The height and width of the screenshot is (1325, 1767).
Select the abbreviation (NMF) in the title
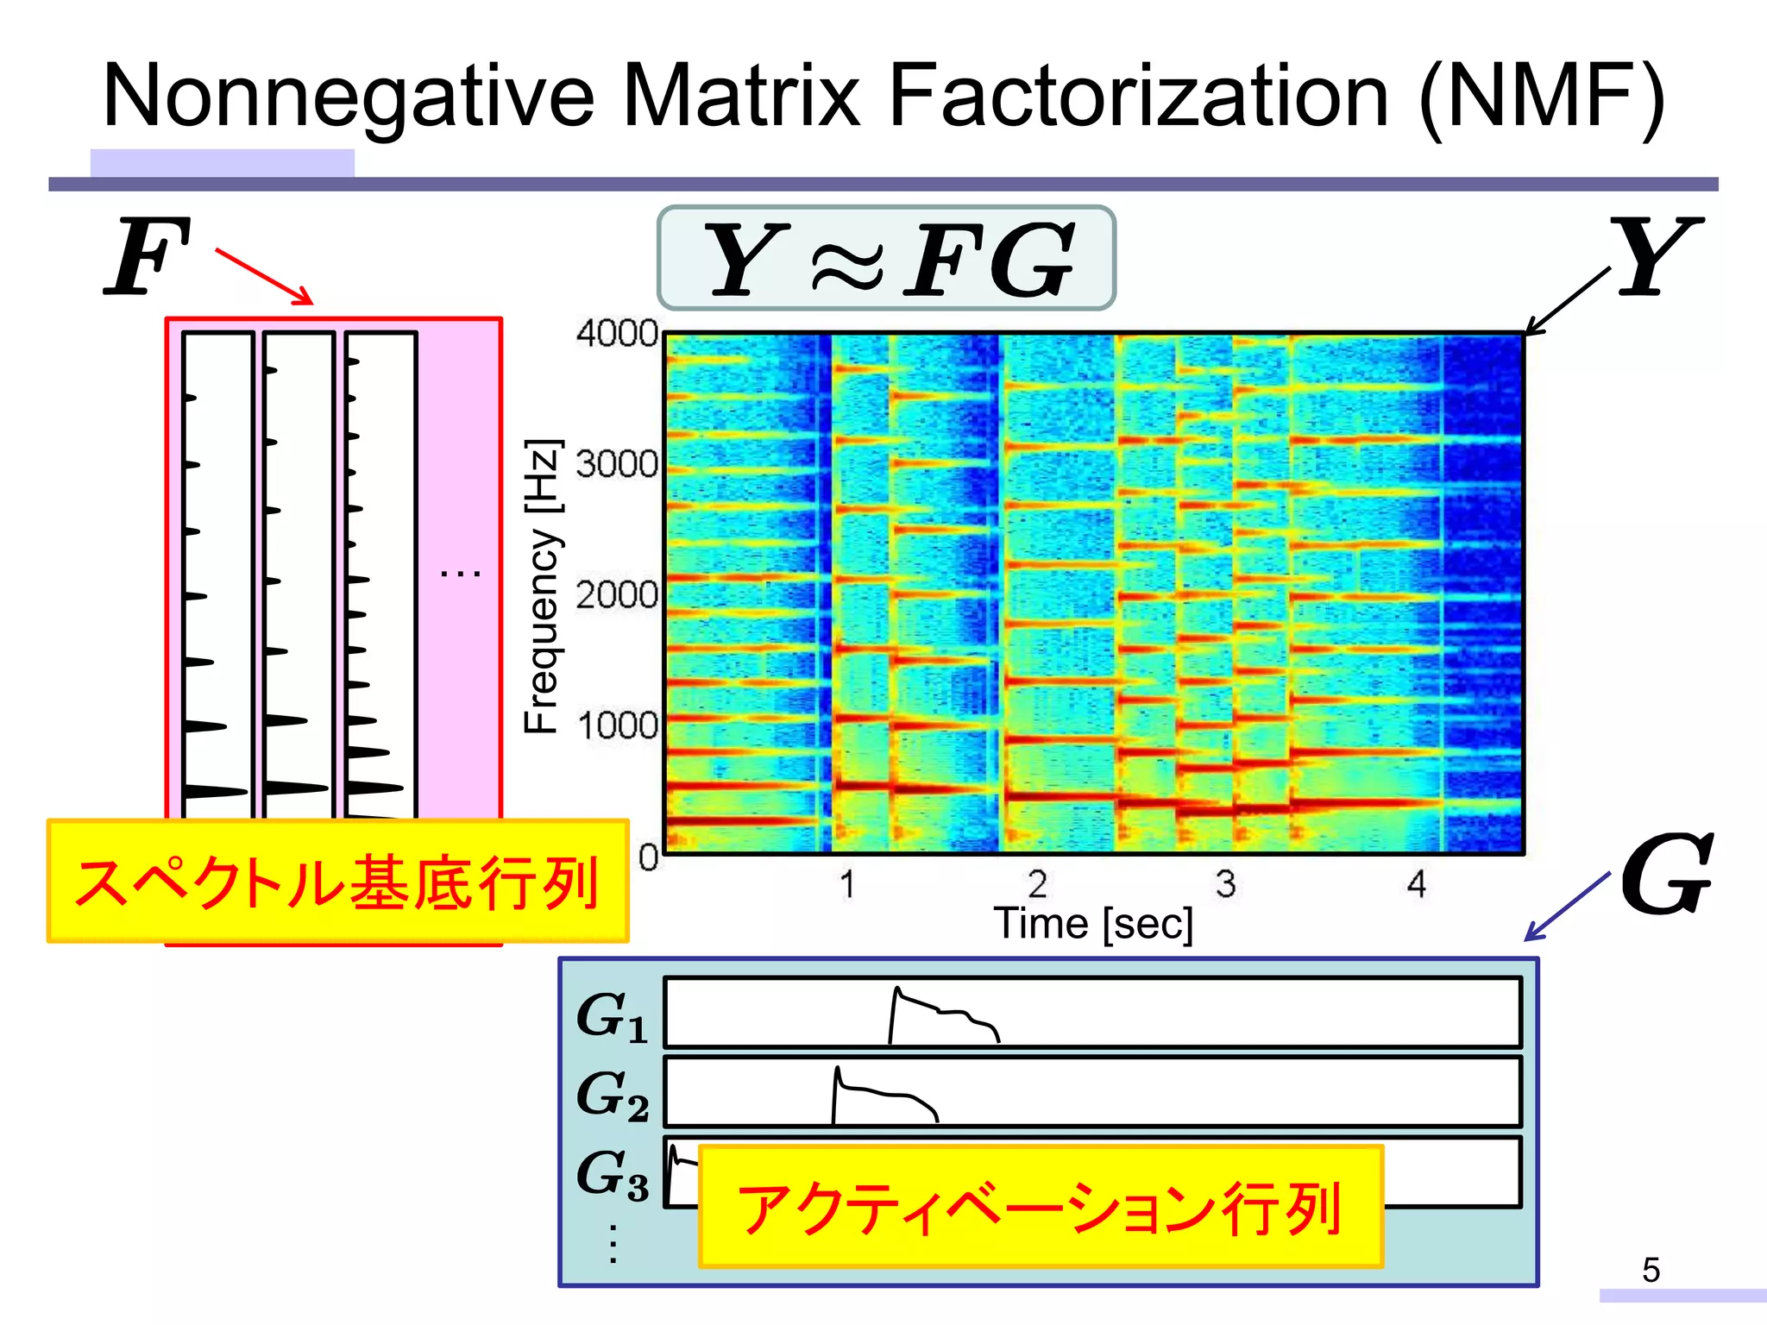[x=1541, y=98]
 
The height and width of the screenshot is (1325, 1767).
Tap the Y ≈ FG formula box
[x=886, y=258]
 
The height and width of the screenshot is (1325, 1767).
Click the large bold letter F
[x=147, y=257]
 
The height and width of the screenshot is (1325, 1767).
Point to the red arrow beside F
[x=264, y=276]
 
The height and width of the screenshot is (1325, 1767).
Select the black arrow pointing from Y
[x=1567, y=301]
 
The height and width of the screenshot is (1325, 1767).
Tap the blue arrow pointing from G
[x=1565, y=907]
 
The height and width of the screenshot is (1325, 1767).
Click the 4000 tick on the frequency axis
[x=616, y=333]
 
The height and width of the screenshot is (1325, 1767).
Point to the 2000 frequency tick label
[x=616, y=594]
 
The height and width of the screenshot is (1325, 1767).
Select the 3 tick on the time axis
[x=1225, y=883]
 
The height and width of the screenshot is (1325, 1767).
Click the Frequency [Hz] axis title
[x=543, y=587]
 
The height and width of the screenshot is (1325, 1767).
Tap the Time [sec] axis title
[x=1093, y=924]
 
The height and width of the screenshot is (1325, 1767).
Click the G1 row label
[x=611, y=1016]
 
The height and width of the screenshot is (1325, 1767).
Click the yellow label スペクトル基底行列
[x=337, y=882]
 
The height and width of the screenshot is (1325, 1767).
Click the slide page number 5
[x=1651, y=1269]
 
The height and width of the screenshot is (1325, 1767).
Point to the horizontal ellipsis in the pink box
[x=460, y=573]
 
